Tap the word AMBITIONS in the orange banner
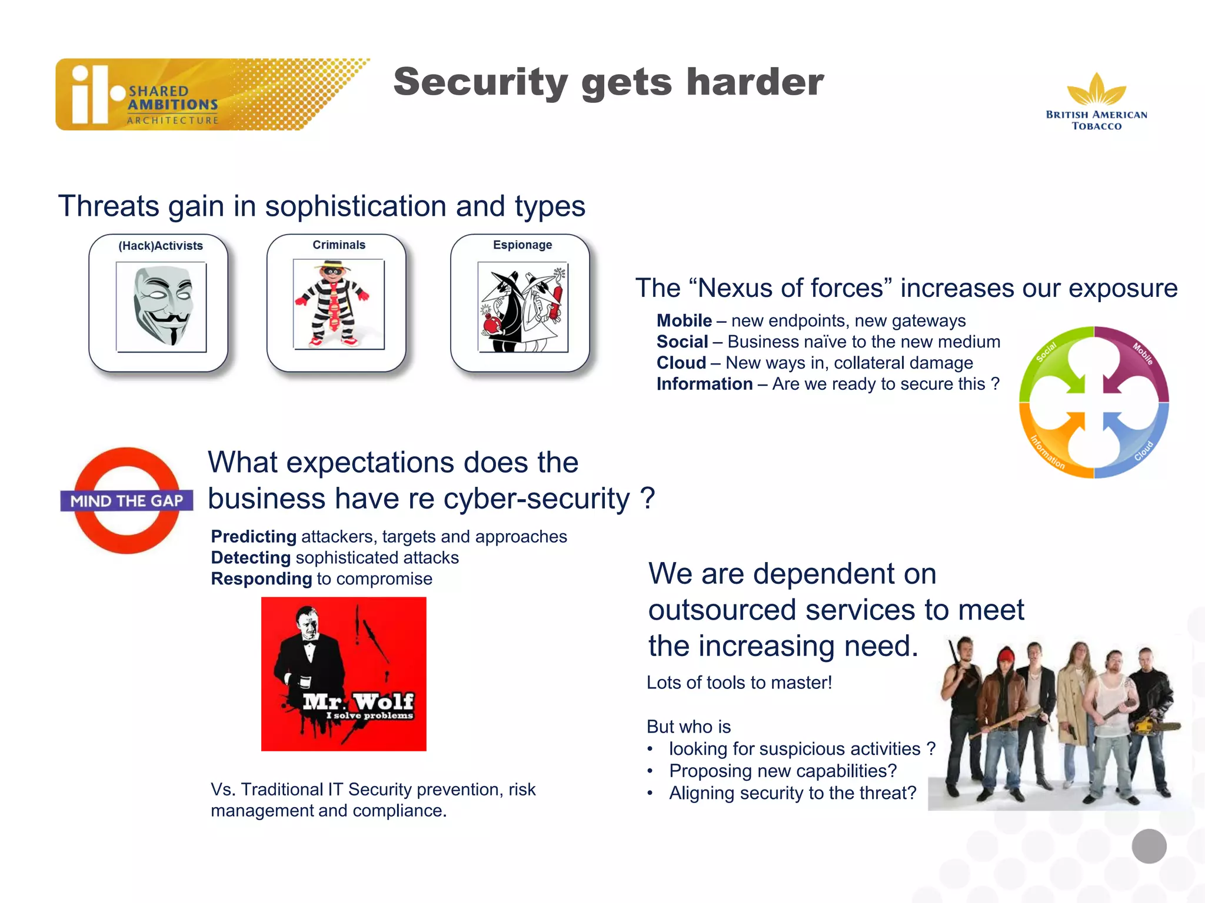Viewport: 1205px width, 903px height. [x=173, y=105]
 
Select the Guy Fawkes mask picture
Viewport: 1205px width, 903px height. [x=161, y=306]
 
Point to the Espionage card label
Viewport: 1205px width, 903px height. [x=522, y=245]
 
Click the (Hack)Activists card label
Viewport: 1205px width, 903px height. [x=160, y=246]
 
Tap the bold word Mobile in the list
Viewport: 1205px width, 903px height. [x=684, y=321]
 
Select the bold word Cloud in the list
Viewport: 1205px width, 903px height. [x=681, y=363]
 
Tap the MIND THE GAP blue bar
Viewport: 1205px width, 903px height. [x=127, y=501]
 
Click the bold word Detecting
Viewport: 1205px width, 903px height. [x=251, y=558]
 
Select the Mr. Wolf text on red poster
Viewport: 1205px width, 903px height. [x=358, y=701]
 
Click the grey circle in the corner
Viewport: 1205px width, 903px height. [x=1149, y=846]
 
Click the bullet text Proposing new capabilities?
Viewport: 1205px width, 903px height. [x=783, y=771]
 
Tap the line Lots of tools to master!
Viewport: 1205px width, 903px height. [x=739, y=683]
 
